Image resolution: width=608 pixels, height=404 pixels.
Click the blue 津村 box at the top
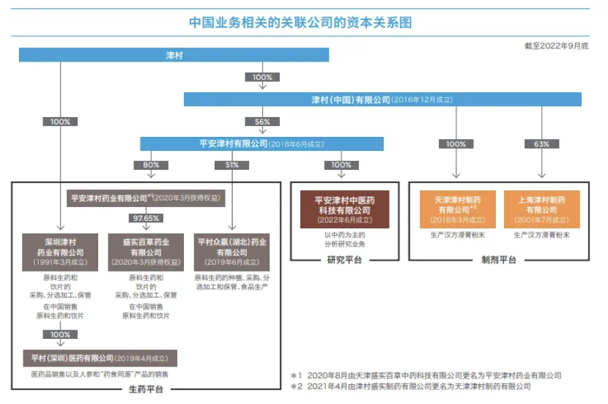pos(174,55)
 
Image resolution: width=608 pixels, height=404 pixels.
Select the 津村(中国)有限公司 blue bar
pos(382,99)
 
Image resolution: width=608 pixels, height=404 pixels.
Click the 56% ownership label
pos(262,121)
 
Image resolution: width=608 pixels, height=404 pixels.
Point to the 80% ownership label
pos(151,165)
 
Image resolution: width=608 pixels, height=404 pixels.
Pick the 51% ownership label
pos(233,165)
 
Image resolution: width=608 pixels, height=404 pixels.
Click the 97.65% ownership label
pos(146,218)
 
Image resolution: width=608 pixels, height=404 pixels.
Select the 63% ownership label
pos(541,144)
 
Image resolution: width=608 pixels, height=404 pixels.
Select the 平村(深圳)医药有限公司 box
pos(100,359)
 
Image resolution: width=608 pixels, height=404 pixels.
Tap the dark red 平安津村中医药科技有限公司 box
pos(344,209)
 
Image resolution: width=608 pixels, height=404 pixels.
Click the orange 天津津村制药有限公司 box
pos(456,209)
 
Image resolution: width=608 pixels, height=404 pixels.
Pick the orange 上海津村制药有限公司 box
pos(541,209)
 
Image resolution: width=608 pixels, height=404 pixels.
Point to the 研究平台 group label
pos(344,260)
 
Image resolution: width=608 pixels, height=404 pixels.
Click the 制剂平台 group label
pos(498,260)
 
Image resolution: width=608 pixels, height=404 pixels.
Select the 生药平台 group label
pos(146,389)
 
